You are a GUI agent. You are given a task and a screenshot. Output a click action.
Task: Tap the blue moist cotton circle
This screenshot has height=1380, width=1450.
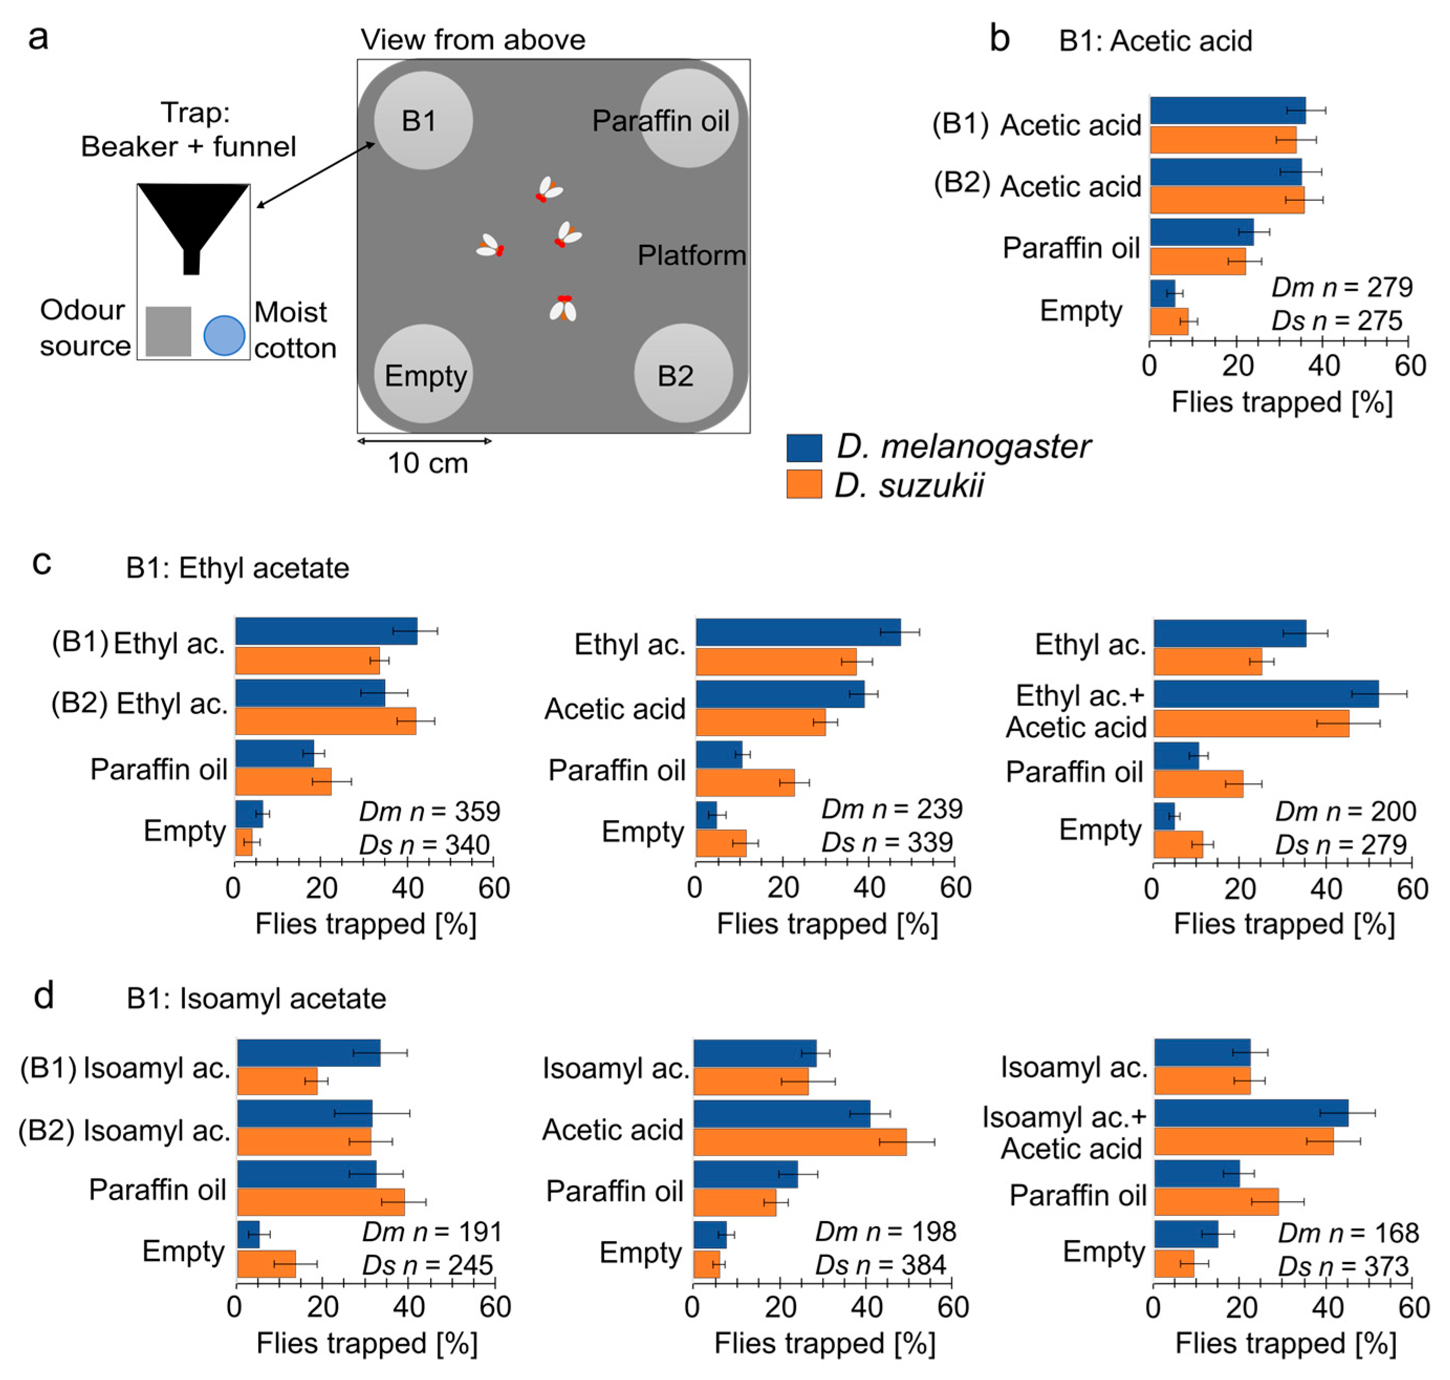tap(224, 336)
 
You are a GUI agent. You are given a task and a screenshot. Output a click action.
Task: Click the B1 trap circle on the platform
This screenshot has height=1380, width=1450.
tap(423, 120)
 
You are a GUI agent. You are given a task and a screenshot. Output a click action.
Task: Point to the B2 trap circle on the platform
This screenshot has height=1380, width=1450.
tap(683, 374)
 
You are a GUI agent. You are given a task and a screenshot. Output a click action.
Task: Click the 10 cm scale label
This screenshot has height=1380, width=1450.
tap(427, 463)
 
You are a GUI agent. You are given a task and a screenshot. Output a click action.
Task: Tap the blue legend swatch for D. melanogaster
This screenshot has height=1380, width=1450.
tap(804, 447)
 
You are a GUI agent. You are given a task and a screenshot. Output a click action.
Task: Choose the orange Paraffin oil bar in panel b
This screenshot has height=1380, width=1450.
tap(1197, 261)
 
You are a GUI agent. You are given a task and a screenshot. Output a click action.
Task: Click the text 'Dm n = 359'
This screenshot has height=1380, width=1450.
tap(429, 811)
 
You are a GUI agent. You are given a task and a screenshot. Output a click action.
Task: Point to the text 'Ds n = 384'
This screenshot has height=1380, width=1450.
tap(885, 1265)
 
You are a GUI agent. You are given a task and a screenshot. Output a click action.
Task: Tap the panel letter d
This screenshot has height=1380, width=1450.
tap(44, 996)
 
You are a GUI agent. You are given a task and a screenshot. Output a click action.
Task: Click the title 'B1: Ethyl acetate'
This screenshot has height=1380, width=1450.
tap(237, 568)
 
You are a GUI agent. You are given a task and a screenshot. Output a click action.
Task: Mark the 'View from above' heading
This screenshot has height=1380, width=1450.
tap(473, 40)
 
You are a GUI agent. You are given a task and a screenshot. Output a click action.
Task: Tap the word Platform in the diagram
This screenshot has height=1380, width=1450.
tap(691, 255)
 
